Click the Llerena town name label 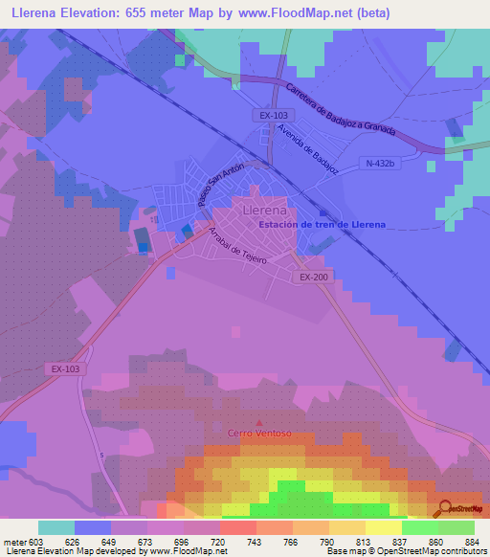265,209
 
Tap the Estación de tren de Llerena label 323,225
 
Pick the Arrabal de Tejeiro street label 234,242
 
